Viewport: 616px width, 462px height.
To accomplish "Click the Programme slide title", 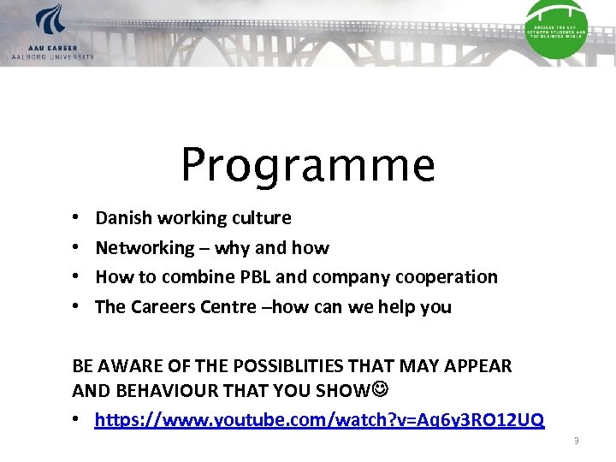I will coord(308,164).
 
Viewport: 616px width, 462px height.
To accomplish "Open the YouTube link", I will coord(319,420).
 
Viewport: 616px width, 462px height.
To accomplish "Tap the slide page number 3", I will coord(576,441).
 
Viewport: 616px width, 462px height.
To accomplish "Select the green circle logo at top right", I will coord(556,27).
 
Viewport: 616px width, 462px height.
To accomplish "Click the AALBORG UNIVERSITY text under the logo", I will coord(53,56).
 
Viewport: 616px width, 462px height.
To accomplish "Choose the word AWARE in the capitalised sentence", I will coord(130,366).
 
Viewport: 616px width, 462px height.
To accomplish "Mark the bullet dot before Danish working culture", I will coord(76,219).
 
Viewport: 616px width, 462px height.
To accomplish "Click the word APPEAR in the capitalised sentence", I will coord(479,366).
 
